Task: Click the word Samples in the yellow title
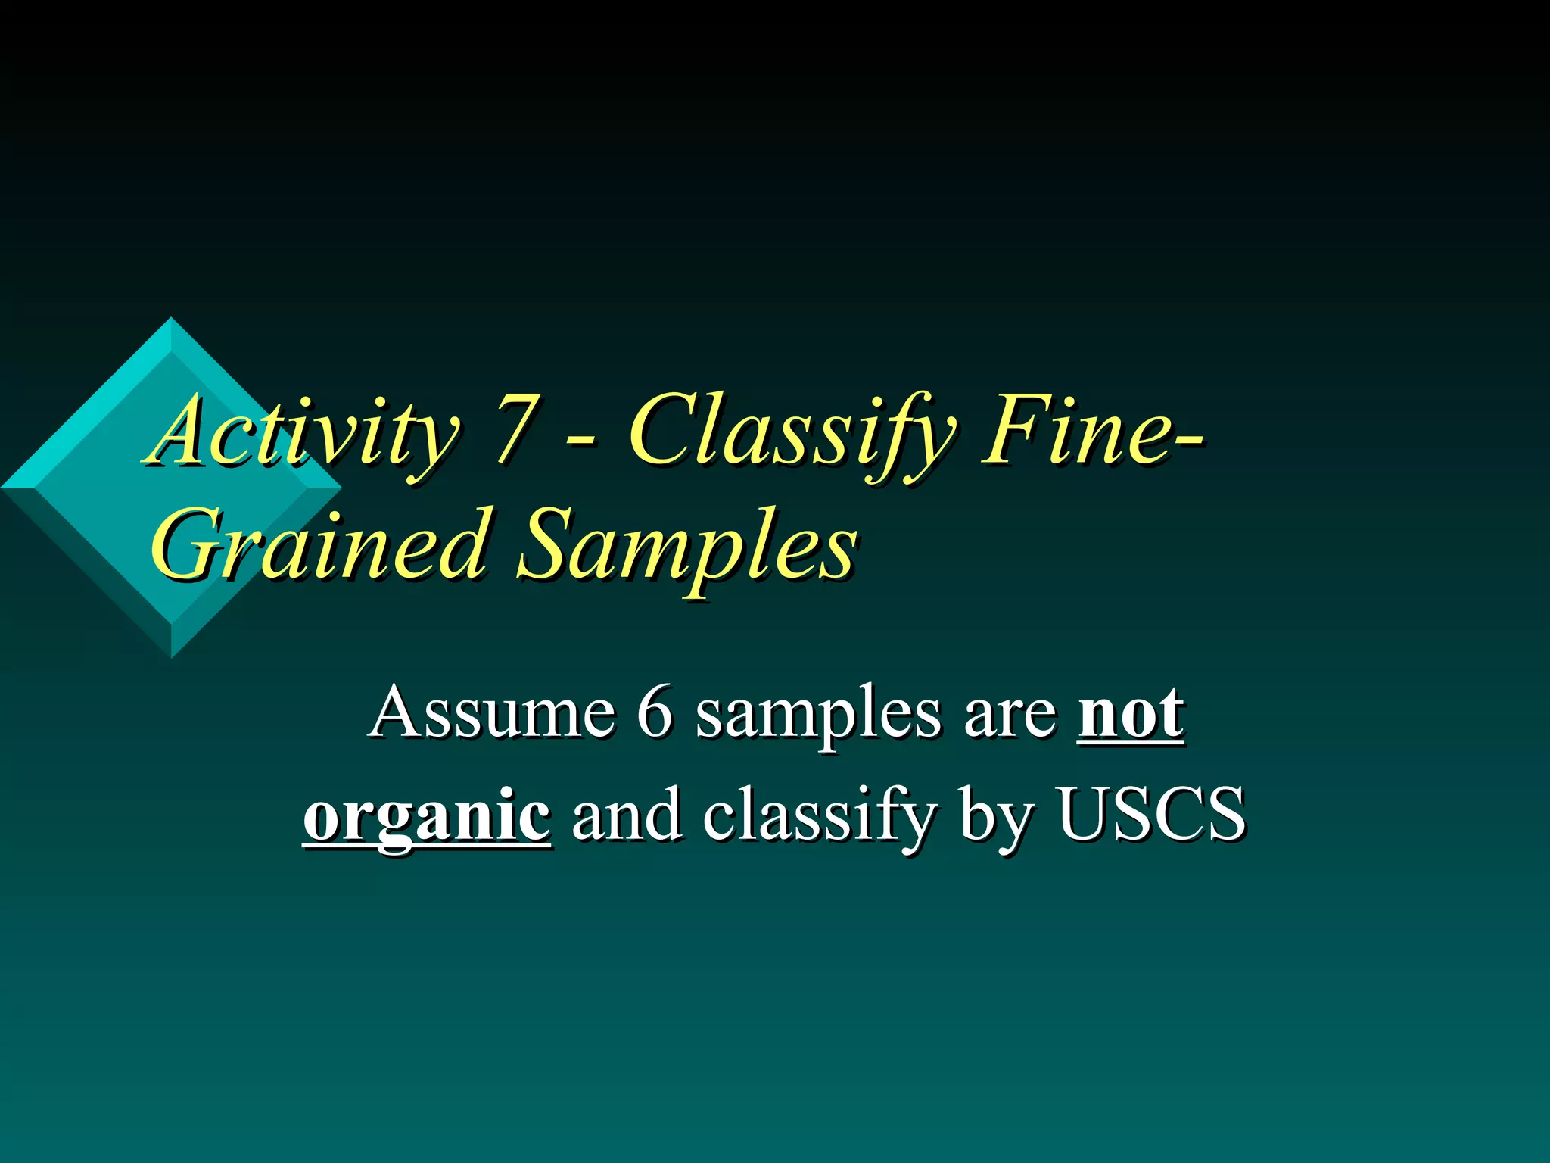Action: pyautogui.click(x=685, y=545)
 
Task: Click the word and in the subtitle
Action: pyautogui.click(x=627, y=815)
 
